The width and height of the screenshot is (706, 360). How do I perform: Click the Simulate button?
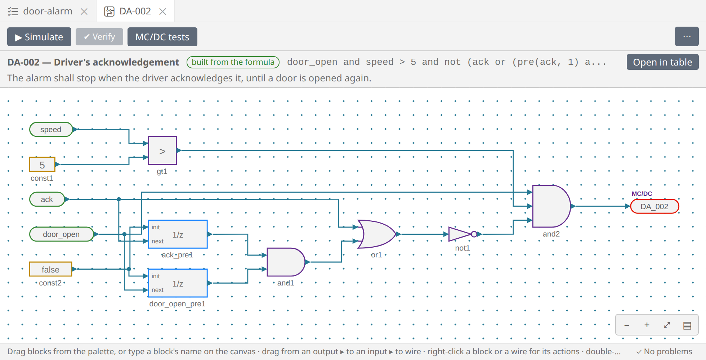tap(39, 37)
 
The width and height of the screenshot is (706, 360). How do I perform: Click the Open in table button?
tap(662, 62)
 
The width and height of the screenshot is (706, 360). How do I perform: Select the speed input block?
tap(51, 129)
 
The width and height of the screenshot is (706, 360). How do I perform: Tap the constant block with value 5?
tap(42, 165)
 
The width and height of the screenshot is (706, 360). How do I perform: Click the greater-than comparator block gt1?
tap(162, 150)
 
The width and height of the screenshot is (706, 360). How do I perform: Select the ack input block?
tap(47, 199)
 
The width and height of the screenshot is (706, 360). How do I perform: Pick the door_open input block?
tap(61, 234)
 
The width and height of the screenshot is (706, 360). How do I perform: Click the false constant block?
tap(50, 269)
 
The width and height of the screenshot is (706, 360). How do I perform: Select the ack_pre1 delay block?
tap(178, 234)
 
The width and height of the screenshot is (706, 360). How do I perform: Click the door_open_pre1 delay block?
tap(178, 283)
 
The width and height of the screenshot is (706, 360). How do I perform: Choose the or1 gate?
tap(377, 234)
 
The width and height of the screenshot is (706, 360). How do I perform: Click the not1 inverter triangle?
tap(459, 234)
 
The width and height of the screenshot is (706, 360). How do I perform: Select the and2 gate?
tap(551, 206)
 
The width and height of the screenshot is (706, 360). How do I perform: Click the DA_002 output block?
tap(654, 206)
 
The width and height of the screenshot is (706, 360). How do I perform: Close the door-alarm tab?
tap(84, 12)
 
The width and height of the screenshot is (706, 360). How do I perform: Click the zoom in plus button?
tap(647, 325)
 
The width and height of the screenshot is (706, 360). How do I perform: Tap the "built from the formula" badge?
tap(233, 62)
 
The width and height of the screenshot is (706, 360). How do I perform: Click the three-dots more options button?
tap(687, 37)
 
